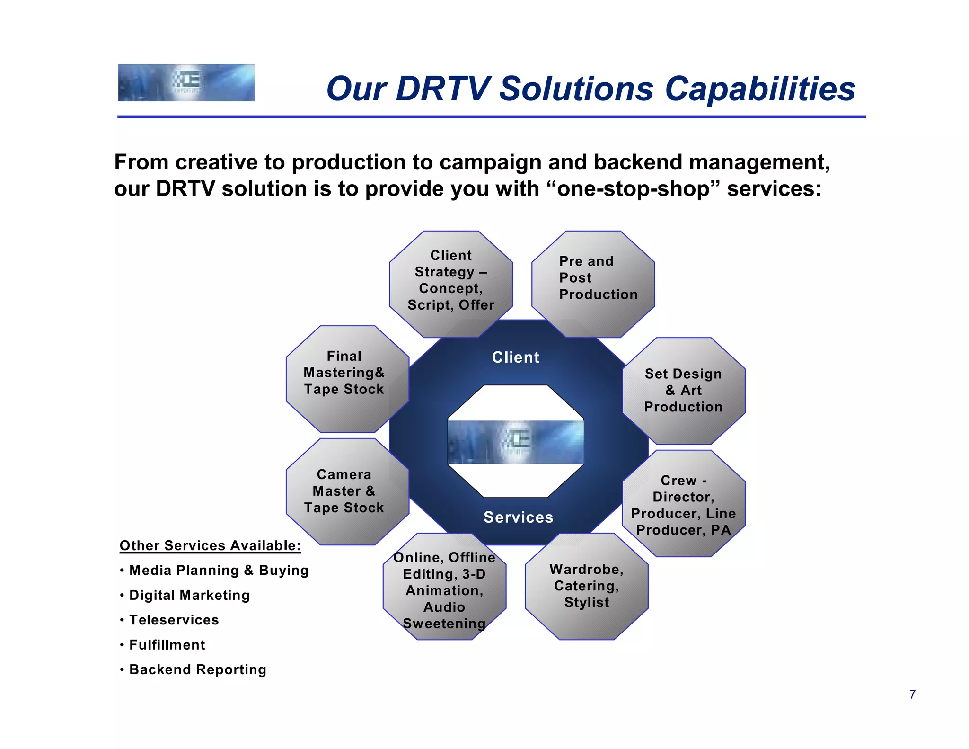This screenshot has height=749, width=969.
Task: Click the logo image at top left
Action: (186, 83)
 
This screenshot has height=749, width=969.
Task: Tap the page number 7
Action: (912, 695)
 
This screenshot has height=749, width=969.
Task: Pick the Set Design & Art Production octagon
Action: (683, 391)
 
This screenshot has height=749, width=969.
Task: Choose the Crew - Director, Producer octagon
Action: (683, 505)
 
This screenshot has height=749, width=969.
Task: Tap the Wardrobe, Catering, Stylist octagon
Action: (586, 586)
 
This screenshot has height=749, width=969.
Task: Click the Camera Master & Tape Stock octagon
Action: (344, 491)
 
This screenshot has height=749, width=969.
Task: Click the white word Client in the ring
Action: (515, 357)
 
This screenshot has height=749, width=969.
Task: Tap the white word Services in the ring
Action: (518, 517)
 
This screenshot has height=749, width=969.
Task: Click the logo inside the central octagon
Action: (515, 442)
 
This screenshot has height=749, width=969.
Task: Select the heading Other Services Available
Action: (210, 546)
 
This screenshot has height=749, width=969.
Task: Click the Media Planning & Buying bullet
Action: (219, 571)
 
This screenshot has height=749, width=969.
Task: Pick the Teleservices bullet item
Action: (174, 620)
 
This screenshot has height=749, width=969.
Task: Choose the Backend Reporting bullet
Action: (197, 670)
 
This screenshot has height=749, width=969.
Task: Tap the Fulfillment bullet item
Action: (167, 645)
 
